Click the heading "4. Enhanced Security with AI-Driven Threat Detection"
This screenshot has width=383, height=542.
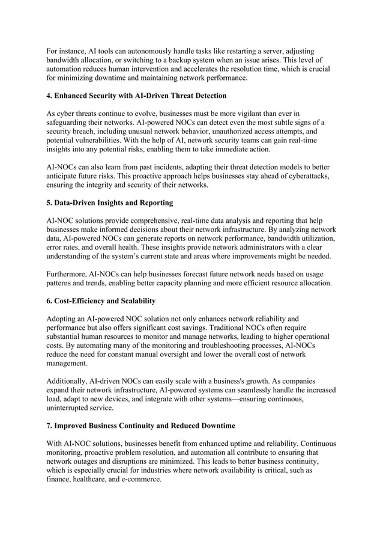point(136,96)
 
